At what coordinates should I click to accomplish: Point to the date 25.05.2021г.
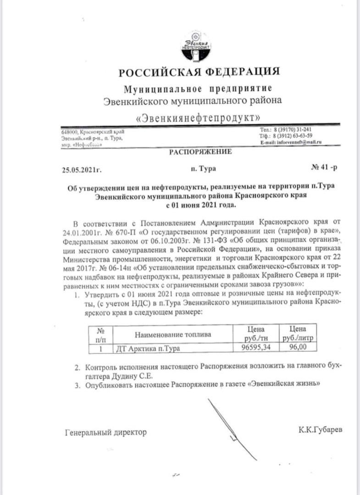(82, 169)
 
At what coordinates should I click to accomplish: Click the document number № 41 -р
(324, 167)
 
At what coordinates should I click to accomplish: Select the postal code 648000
(70, 132)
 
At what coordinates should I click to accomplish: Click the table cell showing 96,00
(297, 348)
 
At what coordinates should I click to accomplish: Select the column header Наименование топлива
(173, 335)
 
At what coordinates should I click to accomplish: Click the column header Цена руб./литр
(298, 333)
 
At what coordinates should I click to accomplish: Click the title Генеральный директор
(106, 432)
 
